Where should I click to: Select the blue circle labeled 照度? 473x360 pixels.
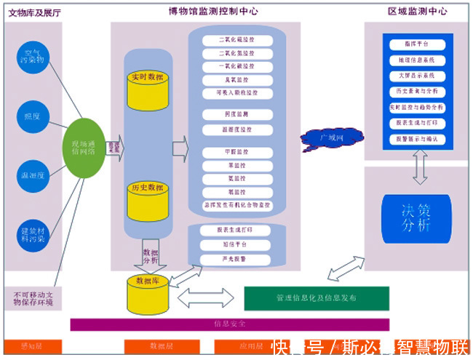[x=33, y=116]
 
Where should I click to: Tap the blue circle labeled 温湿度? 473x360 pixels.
[x=33, y=175]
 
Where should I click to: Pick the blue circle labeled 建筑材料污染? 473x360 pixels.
[x=33, y=233]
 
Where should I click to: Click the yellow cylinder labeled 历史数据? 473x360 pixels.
[x=148, y=200]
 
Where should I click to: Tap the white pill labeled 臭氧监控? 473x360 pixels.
[x=236, y=80]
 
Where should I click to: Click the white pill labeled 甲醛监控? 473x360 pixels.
[x=236, y=152]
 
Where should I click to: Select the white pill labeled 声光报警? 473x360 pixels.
[x=234, y=258]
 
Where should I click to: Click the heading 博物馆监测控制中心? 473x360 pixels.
[x=213, y=11]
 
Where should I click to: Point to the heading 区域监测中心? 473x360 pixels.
[x=418, y=11]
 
